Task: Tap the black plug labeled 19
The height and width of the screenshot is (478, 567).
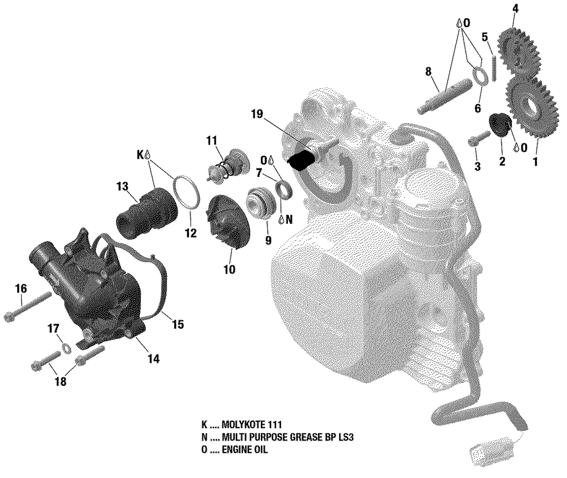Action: (301, 161)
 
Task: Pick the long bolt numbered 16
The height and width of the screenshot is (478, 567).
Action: (28, 307)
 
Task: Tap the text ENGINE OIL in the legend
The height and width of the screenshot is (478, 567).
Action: (245, 450)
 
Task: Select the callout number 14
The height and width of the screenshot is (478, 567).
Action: (153, 358)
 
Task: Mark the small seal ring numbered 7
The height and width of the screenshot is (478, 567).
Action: (283, 190)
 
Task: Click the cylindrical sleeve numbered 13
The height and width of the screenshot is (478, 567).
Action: (147, 213)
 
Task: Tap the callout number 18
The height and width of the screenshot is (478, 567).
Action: (60, 381)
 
